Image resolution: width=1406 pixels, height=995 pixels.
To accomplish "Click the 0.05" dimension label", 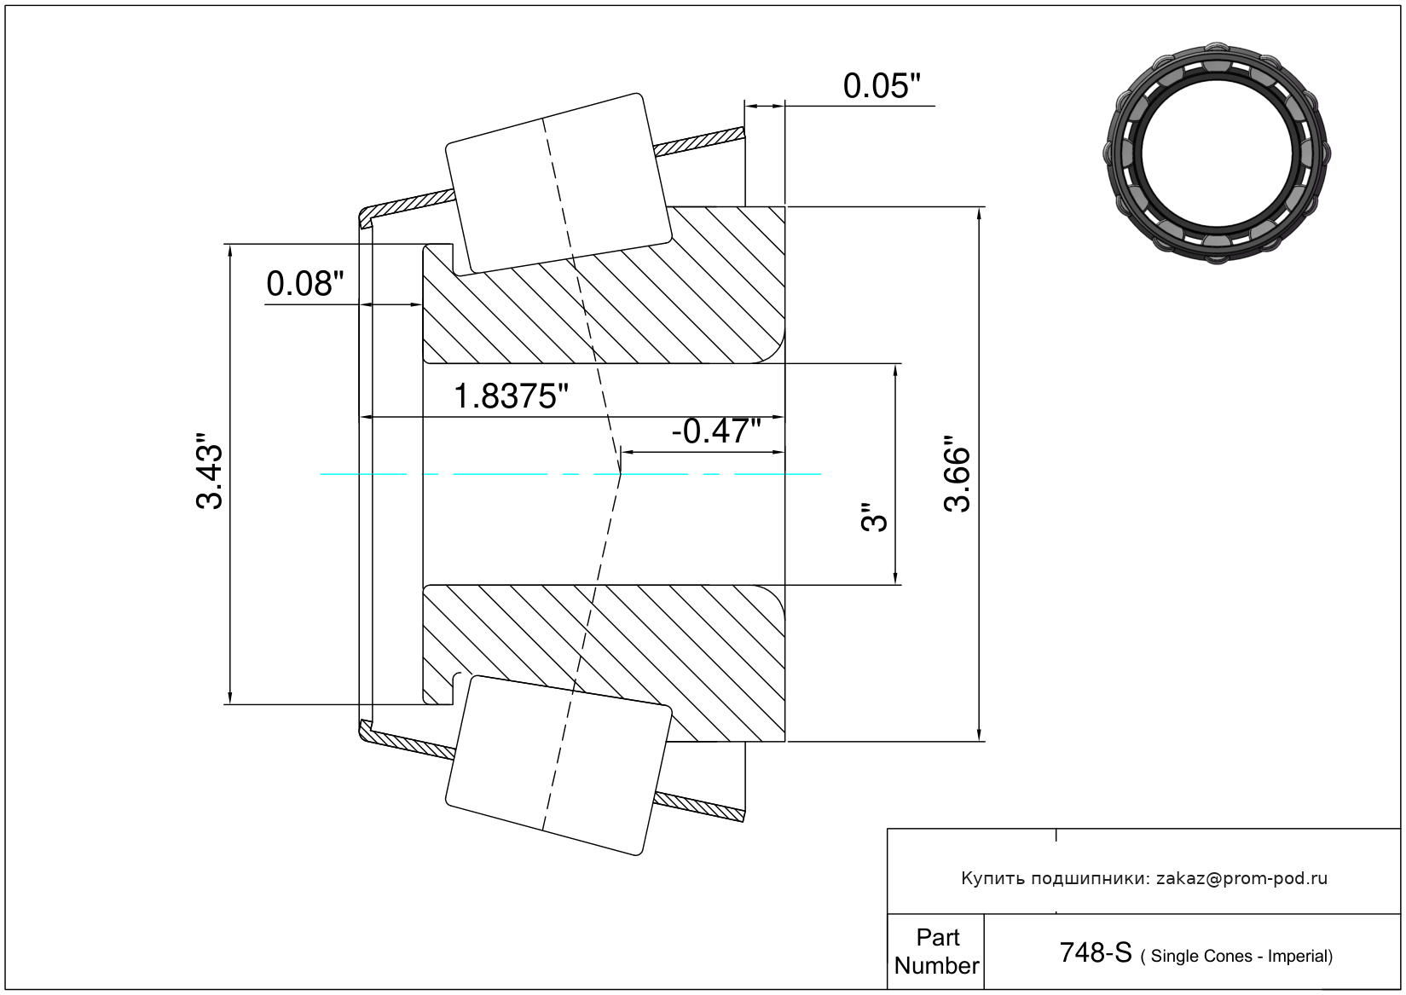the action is click(x=882, y=86).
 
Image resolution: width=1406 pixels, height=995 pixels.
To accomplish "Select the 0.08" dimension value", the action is click(x=305, y=284).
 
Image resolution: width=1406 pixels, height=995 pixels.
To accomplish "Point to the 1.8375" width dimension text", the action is click(x=511, y=396).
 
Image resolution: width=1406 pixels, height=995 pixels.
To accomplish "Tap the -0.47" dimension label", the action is click(x=716, y=431).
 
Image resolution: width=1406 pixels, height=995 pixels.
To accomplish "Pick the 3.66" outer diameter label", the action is click(x=958, y=474).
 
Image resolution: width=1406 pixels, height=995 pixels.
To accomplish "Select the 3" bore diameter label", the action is click(x=874, y=517).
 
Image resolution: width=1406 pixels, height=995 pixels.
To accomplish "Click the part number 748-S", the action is click(x=1096, y=953).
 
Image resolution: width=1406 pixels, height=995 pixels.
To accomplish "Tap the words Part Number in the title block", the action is click(x=937, y=952).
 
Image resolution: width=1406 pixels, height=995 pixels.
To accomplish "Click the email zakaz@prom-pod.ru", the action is click(x=1242, y=878).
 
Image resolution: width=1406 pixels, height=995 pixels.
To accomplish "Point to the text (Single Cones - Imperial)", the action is click(x=1236, y=956).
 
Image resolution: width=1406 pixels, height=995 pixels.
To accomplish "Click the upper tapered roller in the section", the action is click(x=558, y=184).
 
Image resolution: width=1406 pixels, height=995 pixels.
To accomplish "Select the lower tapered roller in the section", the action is click(x=558, y=766).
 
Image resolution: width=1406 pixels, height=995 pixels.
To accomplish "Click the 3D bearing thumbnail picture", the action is click(x=1217, y=153).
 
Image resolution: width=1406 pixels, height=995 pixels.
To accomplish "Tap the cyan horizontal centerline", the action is click(x=570, y=474).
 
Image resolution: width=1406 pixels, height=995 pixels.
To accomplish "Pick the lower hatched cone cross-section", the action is click(x=604, y=663).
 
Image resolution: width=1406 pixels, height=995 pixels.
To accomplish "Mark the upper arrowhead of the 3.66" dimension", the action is click(x=979, y=214).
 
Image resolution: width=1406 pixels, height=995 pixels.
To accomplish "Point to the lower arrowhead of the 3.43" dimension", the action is click(x=230, y=697).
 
